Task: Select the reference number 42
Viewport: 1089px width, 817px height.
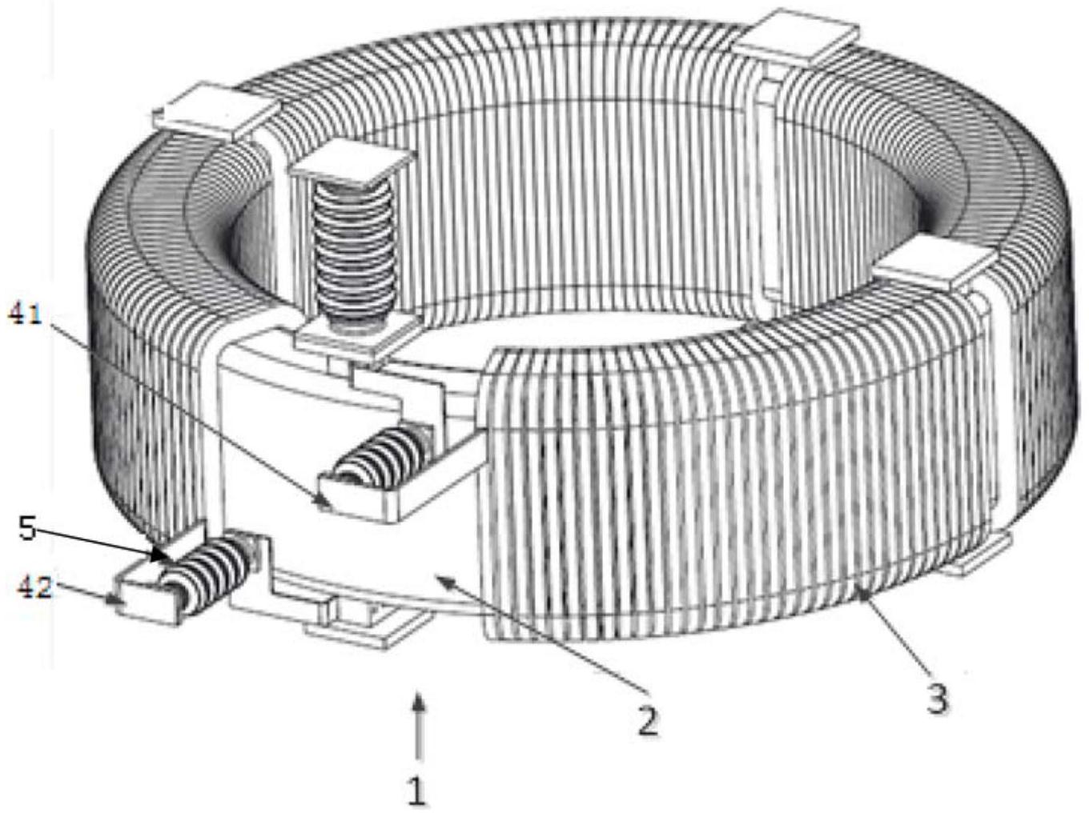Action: point(34,588)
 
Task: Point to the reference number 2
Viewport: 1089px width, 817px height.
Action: point(648,719)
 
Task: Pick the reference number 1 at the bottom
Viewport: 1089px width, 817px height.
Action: point(417,791)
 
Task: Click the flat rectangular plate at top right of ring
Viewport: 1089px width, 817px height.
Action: point(796,37)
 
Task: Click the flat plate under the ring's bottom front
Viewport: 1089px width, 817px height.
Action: point(370,626)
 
